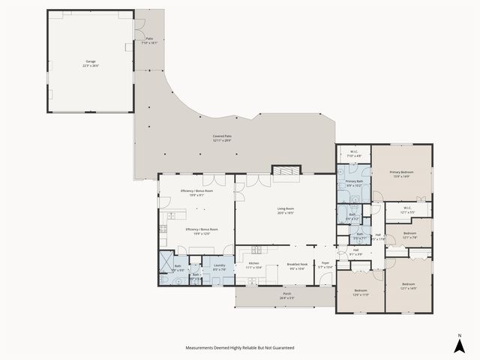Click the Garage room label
click(x=91, y=64)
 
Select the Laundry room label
click(x=220, y=266)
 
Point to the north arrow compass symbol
click(x=459, y=344)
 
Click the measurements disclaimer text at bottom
click(x=240, y=348)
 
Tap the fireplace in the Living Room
click(x=283, y=172)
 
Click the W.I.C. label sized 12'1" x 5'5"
click(x=407, y=210)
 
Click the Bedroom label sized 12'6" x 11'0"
click(x=360, y=292)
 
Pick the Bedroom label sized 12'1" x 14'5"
click(x=408, y=286)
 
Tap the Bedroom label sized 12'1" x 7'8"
click(x=409, y=235)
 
